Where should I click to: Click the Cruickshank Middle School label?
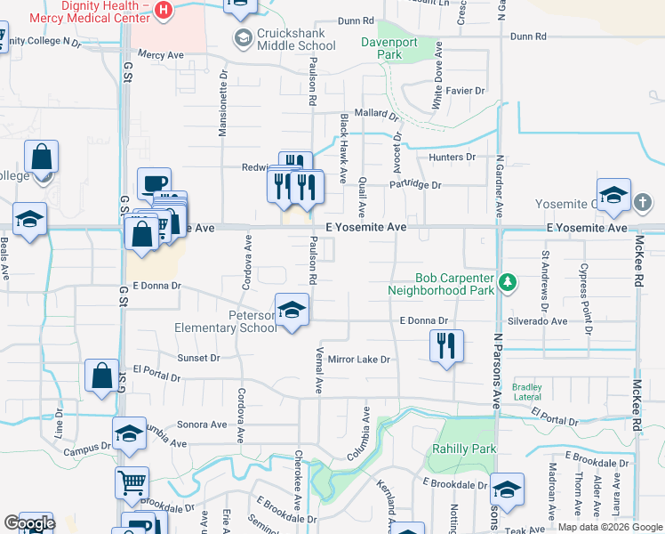click(284, 38)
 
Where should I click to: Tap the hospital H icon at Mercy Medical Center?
click(164, 10)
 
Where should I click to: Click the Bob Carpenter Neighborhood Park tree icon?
click(508, 282)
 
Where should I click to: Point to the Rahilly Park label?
click(464, 449)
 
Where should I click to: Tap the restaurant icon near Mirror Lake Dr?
click(446, 345)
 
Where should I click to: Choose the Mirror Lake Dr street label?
click(359, 360)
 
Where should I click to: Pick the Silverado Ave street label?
click(536, 320)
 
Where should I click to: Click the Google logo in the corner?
click(29, 523)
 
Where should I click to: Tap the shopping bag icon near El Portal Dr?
click(101, 376)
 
